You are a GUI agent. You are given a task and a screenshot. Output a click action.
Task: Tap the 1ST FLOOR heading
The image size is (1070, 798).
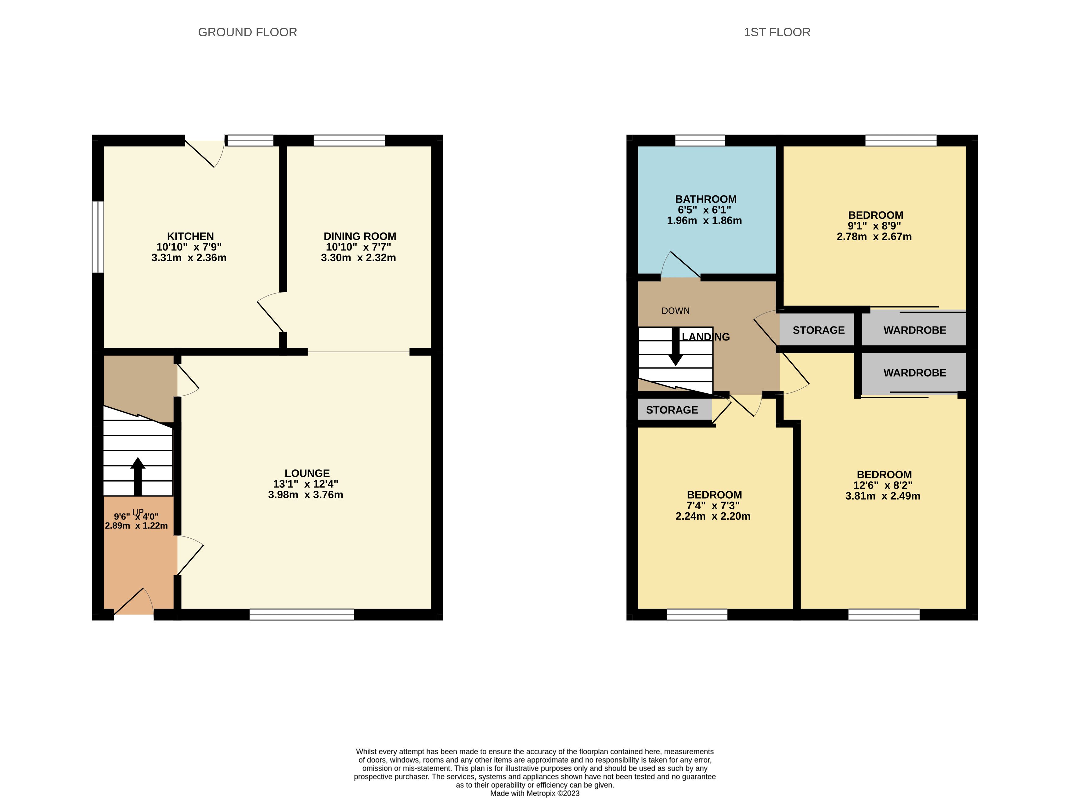coord(777,32)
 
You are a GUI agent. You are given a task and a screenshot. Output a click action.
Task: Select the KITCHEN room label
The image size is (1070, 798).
coord(190,236)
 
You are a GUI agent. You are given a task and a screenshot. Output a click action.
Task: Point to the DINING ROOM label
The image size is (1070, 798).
coord(360,236)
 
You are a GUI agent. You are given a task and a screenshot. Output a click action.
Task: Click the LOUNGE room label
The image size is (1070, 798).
coord(307,473)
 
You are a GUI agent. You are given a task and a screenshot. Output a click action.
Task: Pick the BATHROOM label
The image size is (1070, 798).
coord(705,199)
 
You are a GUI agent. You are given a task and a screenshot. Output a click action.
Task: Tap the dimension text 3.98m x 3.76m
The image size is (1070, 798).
coord(306,495)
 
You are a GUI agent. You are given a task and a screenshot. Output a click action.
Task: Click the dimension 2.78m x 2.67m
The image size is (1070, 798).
coord(874,237)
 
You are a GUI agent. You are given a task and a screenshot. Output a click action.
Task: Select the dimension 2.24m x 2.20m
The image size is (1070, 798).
coord(713,516)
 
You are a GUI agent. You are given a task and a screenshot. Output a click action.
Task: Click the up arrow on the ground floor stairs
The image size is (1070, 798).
coord(138,476)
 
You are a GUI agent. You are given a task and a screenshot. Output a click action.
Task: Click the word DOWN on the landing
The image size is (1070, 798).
coord(676,311)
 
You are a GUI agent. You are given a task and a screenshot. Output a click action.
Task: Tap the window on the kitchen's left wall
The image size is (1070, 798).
coord(98,237)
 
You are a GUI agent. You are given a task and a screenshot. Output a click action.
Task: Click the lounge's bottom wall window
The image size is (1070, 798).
coord(302,614)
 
